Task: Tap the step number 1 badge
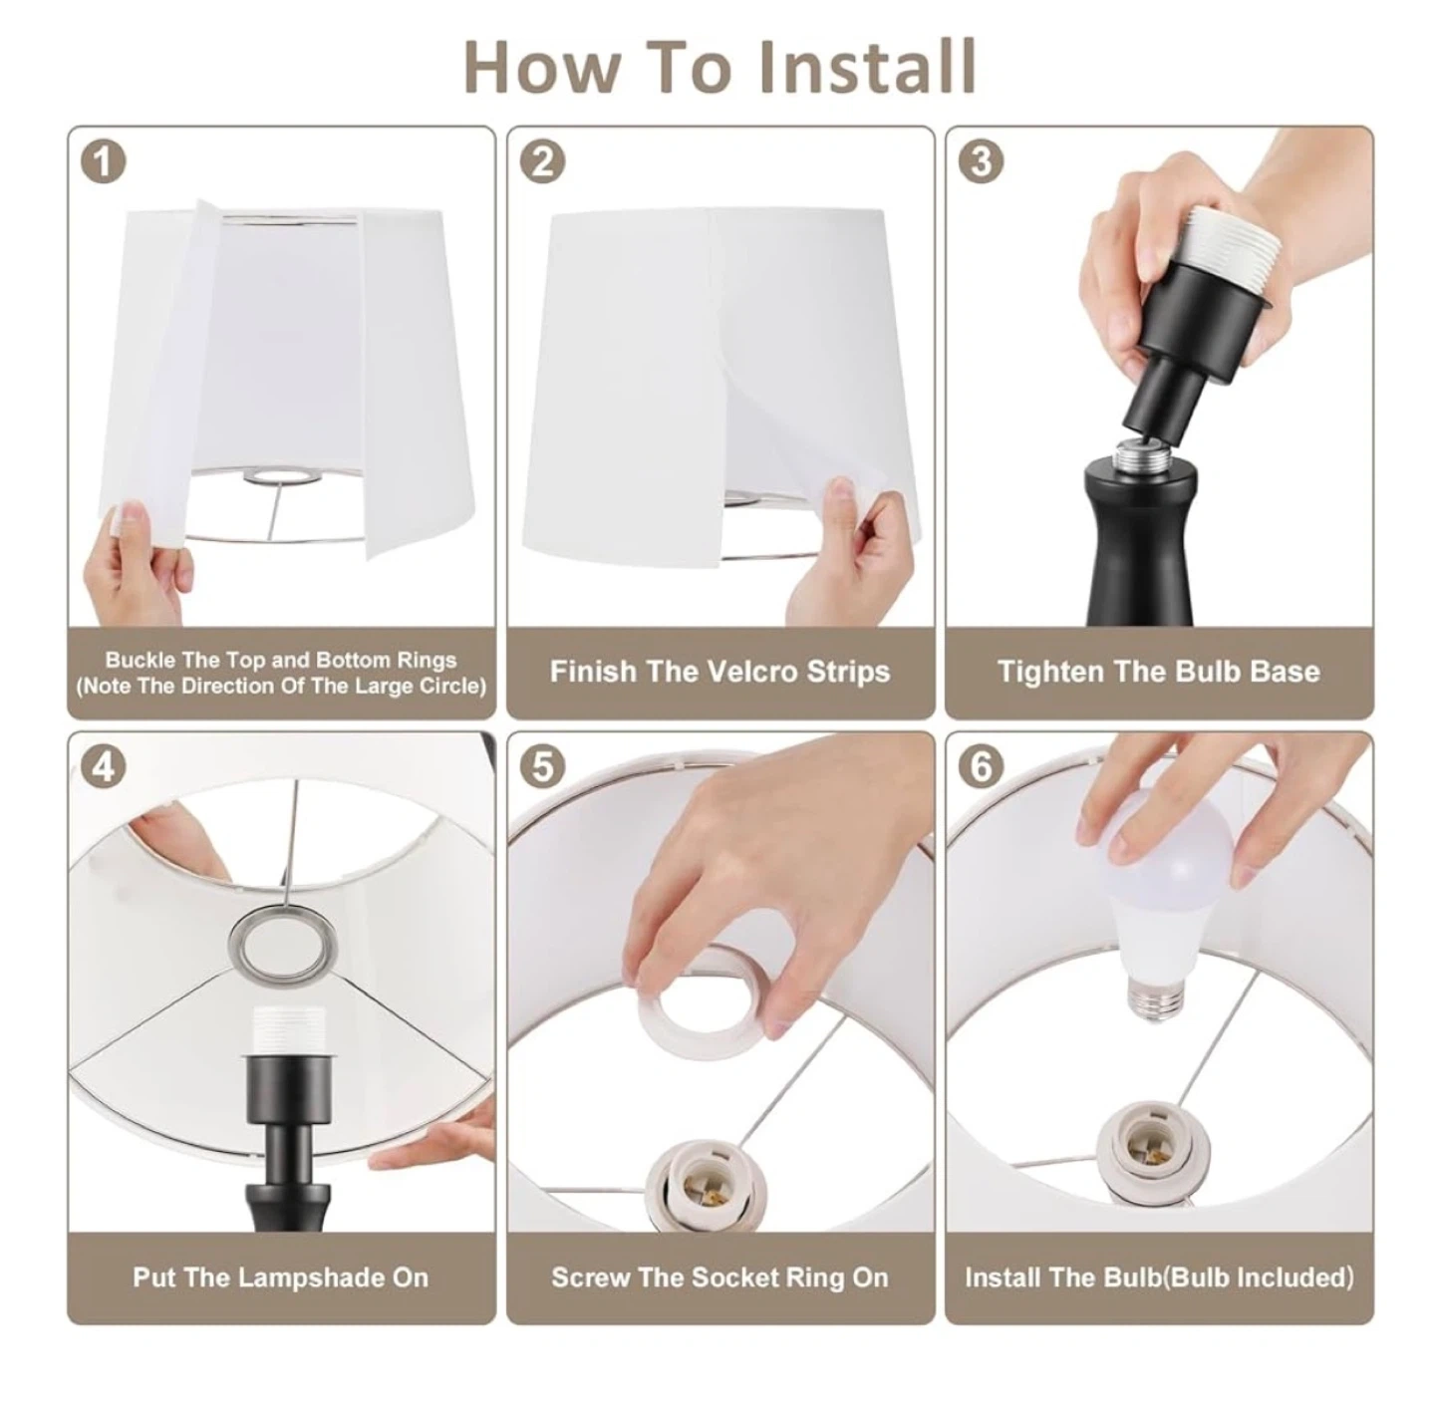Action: (x=104, y=162)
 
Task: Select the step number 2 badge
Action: (x=542, y=162)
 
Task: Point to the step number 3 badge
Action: (x=981, y=162)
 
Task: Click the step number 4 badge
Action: (x=104, y=767)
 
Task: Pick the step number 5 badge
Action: (x=542, y=767)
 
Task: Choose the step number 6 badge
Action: (x=981, y=767)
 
